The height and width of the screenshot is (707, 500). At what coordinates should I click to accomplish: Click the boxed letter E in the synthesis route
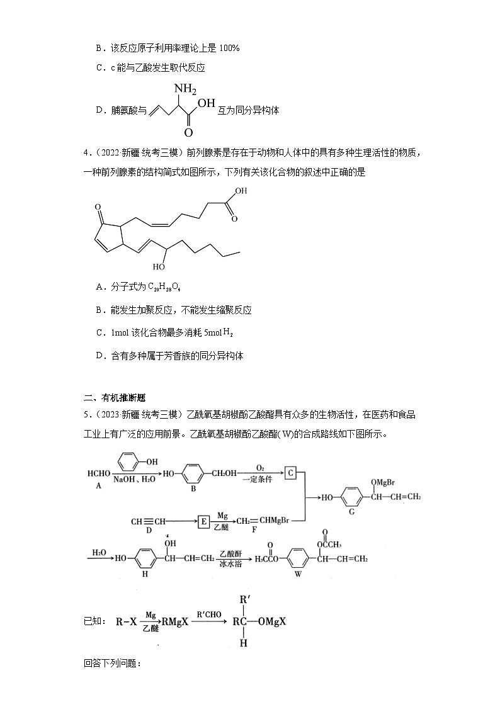pyautogui.click(x=204, y=521)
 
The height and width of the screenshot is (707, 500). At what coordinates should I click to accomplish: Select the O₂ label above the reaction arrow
pyautogui.click(x=259, y=467)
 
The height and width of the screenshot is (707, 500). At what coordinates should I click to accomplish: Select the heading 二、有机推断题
pyautogui.click(x=115, y=397)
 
